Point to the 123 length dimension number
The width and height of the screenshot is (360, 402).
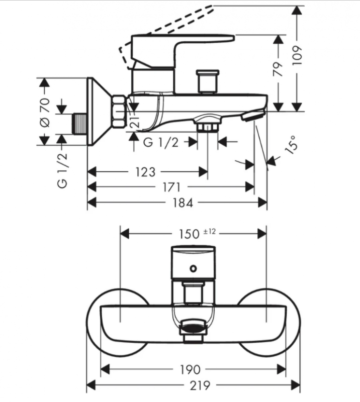(x=145, y=172)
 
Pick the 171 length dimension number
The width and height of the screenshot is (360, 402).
(x=171, y=187)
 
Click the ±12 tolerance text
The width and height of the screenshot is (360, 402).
(x=209, y=232)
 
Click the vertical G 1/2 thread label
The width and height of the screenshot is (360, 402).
(x=62, y=170)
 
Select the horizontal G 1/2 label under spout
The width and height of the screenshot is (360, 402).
(x=161, y=142)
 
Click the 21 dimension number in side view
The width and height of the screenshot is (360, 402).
(x=134, y=121)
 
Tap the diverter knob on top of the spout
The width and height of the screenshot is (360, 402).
(x=207, y=80)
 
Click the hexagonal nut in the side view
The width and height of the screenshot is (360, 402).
(x=120, y=111)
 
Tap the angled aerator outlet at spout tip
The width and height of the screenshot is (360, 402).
(x=251, y=117)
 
